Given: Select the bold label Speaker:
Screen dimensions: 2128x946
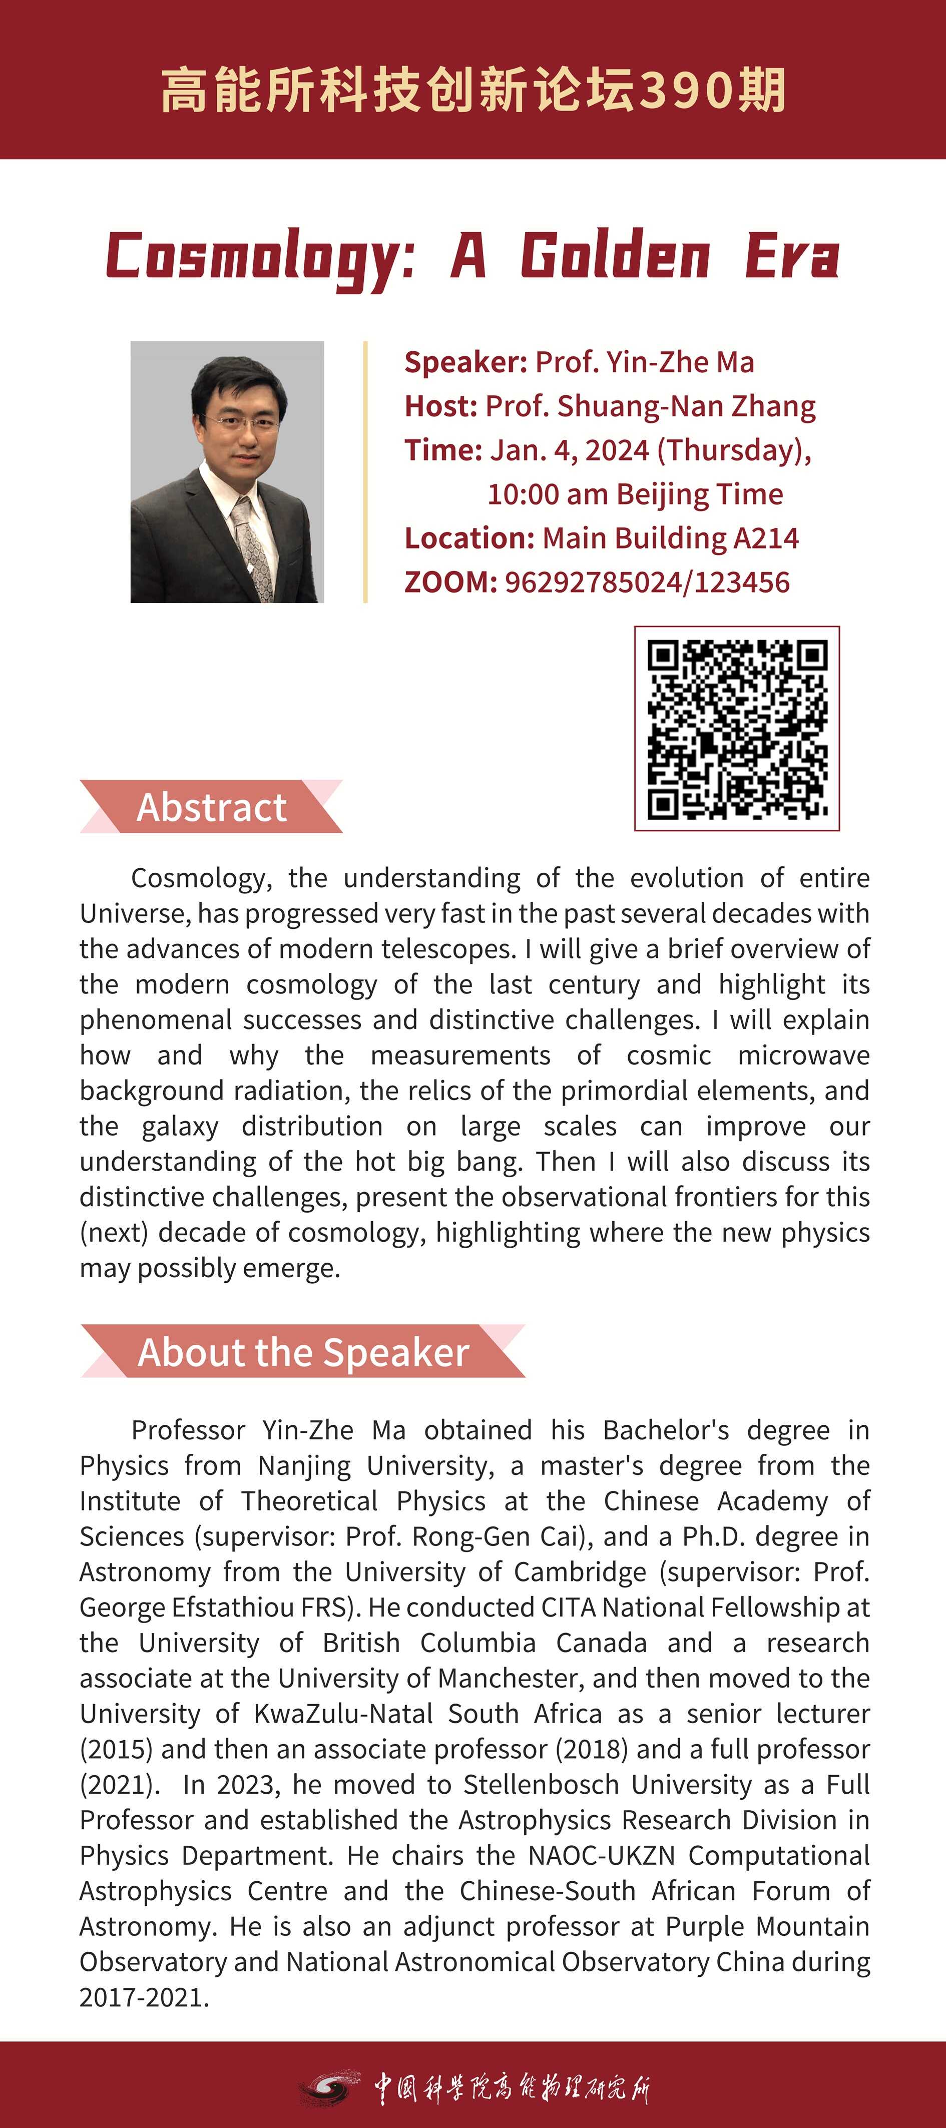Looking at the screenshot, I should (465, 362).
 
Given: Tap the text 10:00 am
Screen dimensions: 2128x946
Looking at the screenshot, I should (547, 494).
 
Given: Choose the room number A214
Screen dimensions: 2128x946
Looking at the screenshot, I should (766, 538).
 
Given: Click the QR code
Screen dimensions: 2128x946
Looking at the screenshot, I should (737, 728).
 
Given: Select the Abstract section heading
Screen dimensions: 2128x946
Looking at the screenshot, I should (212, 807).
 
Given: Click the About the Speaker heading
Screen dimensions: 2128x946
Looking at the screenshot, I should (303, 1352).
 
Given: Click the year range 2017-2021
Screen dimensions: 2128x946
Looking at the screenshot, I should (144, 1997).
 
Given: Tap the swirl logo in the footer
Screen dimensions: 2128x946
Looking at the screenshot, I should (330, 2086).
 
